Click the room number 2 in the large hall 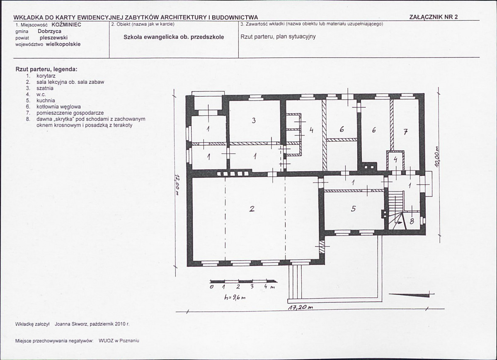pos(252,209)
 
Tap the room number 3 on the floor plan pos(254,120)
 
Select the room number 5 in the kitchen pos(354,208)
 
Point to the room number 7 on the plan pos(405,133)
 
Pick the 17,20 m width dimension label pos(301,307)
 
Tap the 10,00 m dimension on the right pos(437,156)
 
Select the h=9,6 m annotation pos(235,297)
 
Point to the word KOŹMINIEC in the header pos(66,24)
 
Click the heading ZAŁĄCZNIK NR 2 pos(433,17)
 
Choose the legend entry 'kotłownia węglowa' pos(58,107)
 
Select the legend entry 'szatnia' pos(45,88)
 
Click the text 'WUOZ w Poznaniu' pos(119,341)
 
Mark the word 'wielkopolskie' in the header pos(63,44)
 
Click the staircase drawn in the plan pos(397,209)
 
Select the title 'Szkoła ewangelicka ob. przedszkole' pos(174,37)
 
